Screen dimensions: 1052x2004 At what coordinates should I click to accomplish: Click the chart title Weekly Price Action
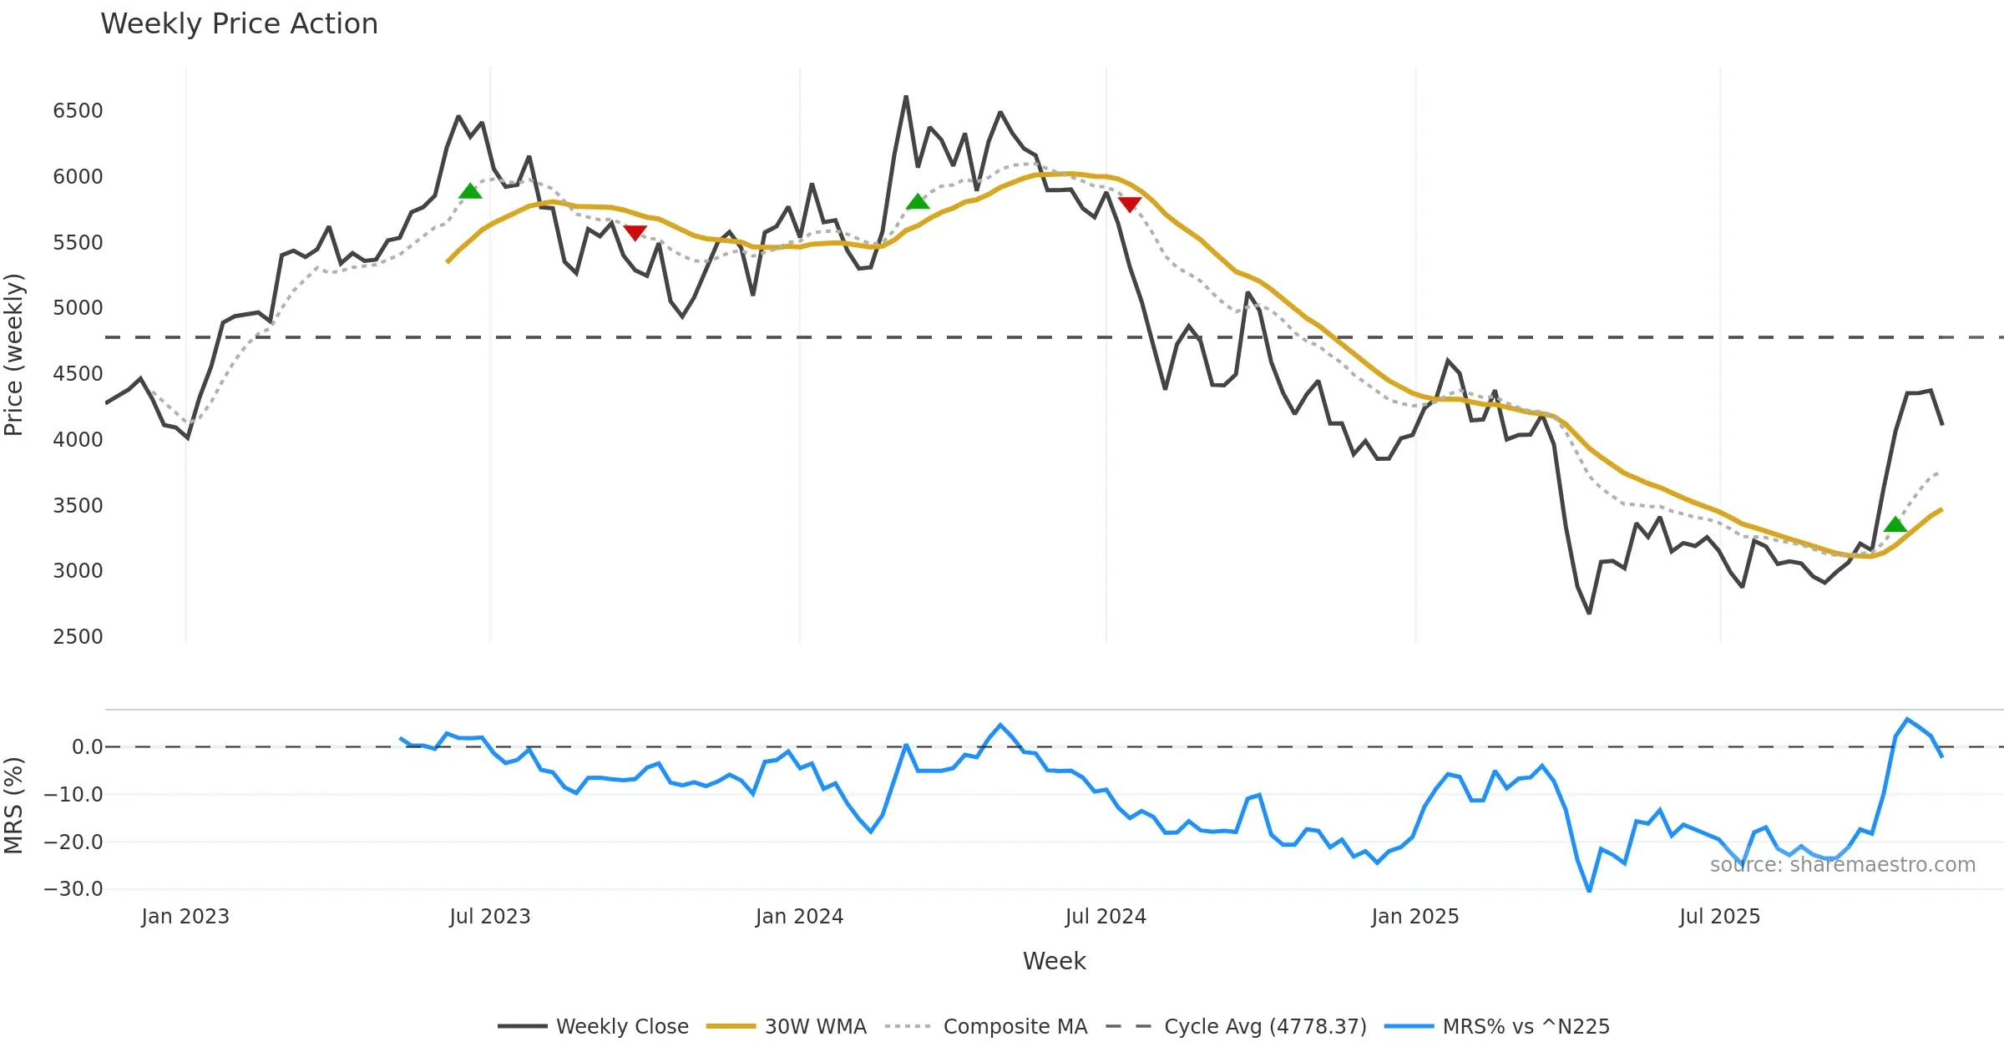pyautogui.click(x=239, y=24)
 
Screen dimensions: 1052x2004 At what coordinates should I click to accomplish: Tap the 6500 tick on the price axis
pyautogui.click(x=78, y=111)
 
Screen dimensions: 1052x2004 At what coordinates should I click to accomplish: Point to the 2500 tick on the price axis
pyautogui.click(x=78, y=637)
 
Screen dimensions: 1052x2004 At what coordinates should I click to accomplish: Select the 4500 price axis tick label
pyautogui.click(x=78, y=374)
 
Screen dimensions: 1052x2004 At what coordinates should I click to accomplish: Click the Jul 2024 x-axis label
pyautogui.click(x=1106, y=917)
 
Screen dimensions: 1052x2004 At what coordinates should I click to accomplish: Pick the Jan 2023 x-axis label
pyautogui.click(x=185, y=917)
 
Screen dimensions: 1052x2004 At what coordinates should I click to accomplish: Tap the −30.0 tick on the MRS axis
pyautogui.click(x=73, y=889)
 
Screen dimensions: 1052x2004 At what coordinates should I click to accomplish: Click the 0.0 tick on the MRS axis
pyautogui.click(x=87, y=747)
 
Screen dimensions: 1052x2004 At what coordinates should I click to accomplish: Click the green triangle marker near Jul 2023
pyautogui.click(x=470, y=191)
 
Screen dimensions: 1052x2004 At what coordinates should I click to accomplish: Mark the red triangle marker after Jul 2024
pyautogui.click(x=1130, y=204)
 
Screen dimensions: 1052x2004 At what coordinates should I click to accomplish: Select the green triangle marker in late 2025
pyautogui.click(x=1895, y=524)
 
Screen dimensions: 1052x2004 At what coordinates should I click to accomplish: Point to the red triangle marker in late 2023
pyautogui.click(x=635, y=233)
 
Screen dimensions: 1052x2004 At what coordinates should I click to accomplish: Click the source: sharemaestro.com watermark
pyautogui.click(x=1842, y=865)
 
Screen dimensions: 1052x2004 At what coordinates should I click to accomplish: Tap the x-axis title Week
pyautogui.click(x=1054, y=962)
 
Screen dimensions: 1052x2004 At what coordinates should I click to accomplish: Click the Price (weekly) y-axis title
pyautogui.click(x=14, y=355)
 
